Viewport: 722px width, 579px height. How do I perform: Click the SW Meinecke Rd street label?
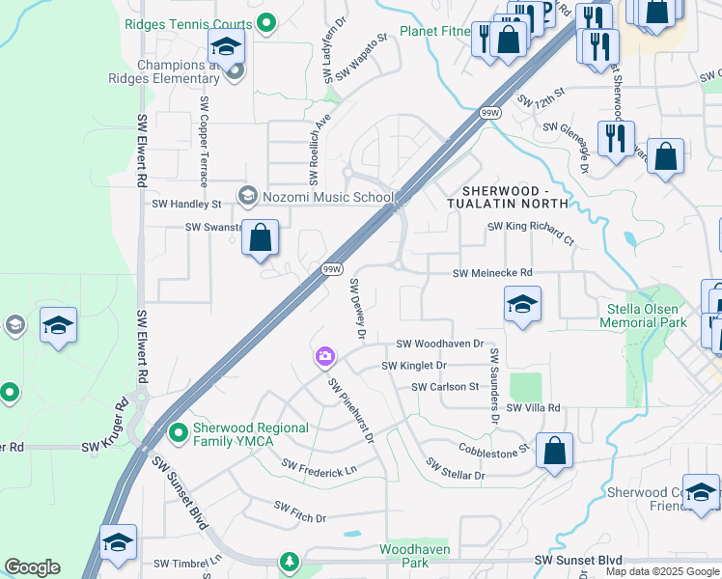(492, 274)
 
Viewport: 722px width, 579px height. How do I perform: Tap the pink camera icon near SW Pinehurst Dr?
(324, 357)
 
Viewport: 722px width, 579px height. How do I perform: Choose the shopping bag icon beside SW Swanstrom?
(260, 238)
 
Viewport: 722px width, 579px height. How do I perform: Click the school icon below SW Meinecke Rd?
(521, 306)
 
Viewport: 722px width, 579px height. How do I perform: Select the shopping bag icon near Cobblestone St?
(554, 451)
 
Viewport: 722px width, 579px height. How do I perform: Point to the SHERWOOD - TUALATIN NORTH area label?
(509, 197)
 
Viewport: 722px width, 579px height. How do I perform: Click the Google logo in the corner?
(32, 567)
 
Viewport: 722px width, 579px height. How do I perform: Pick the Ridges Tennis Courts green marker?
(269, 19)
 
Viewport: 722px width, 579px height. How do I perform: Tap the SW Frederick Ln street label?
(319, 468)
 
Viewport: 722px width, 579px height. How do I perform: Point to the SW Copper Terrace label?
(204, 141)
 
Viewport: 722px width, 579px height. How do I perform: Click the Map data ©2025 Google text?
(661, 571)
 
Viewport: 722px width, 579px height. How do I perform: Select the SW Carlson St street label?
(445, 387)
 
